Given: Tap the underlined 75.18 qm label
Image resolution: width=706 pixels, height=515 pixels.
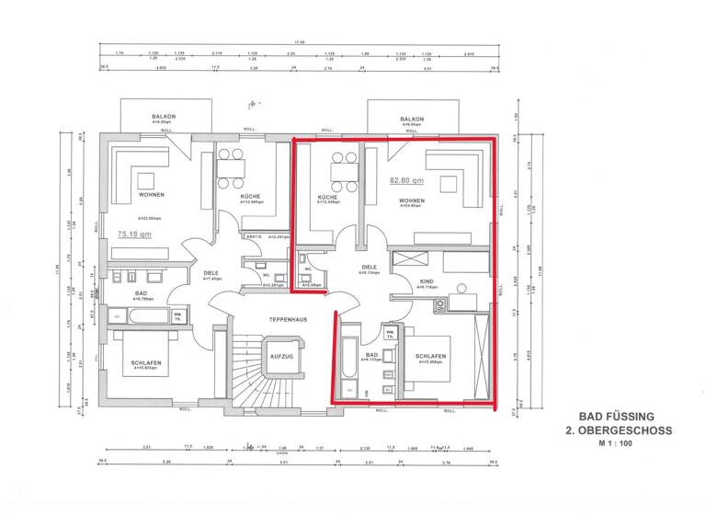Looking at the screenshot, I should tap(134, 234).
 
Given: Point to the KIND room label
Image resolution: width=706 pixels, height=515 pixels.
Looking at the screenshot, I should tap(426, 280).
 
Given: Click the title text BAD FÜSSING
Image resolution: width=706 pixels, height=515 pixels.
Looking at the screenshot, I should tap(619, 417).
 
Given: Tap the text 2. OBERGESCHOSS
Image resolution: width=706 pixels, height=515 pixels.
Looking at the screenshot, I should tap(619, 429).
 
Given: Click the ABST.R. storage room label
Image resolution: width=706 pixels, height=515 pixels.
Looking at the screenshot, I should tap(254, 237).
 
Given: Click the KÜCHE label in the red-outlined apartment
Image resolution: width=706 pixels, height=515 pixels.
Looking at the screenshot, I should tap(327, 197).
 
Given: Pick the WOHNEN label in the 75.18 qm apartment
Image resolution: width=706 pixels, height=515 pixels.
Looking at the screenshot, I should tap(152, 195).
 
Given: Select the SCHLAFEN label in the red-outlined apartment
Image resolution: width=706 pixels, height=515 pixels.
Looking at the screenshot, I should tap(430, 356).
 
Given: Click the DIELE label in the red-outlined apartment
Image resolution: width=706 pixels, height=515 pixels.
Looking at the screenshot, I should tap(369, 267).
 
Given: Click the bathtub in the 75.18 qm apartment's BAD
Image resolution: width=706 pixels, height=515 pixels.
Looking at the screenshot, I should tap(139, 316).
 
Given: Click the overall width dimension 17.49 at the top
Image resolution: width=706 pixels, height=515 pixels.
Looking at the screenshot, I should tap(298, 42).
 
